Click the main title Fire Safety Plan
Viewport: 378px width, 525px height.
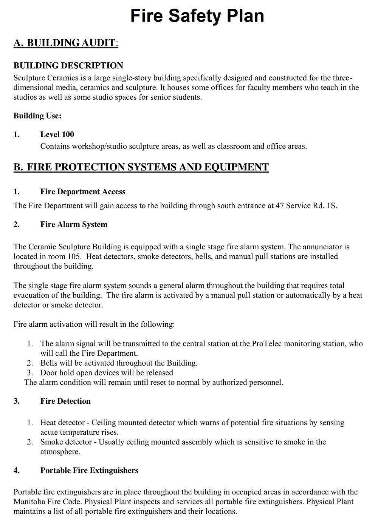pyautogui.click(x=197, y=16)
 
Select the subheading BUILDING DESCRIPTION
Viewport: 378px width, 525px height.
pyautogui.click(x=68, y=66)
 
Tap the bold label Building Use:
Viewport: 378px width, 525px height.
pyautogui.click(x=37, y=116)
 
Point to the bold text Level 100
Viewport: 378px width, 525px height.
pyautogui.click(x=57, y=134)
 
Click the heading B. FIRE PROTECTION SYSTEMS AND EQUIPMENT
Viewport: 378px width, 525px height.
pyautogui.click(x=141, y=167)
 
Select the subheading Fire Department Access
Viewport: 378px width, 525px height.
pyautogui.click(x=83, y=192)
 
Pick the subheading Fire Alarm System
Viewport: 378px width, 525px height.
pyautogui.click(x=74, y=225)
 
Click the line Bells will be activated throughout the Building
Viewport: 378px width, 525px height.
pyautogui.click(x=119, y=363)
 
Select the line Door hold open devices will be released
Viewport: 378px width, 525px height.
pyautogui.click(x=107, y=373)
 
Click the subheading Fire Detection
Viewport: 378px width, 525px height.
pyautogui.click(x=65, y=401)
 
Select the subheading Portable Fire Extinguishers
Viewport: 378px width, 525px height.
pyautogui.click(x=89, y=471)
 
